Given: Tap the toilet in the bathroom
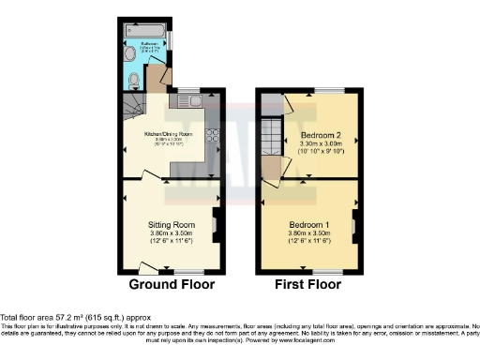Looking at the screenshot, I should (x=134, y=79).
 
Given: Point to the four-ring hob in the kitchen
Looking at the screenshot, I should (x=212, y=136).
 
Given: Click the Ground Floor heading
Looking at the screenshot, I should (x=172, y=284).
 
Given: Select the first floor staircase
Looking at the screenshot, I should (x=271, y=138).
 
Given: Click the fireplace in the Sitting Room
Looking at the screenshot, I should (x=217, y=225).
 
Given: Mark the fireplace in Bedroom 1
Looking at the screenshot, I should (x=354, y=225).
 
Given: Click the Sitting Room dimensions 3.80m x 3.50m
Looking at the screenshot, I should (x=171, y=234).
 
